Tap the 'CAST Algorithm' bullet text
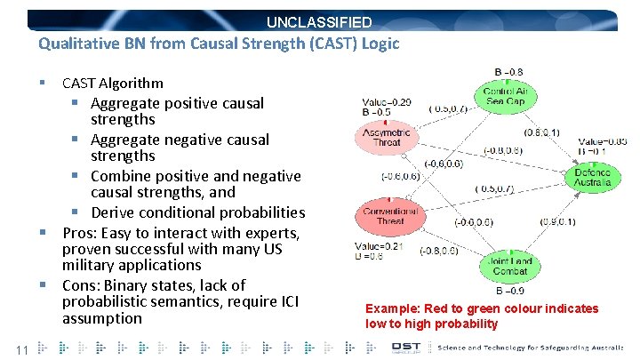pos(112,83)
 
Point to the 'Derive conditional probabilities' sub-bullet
pos(197,212)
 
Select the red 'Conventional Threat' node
pos(388,214)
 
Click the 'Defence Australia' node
pos(592,178)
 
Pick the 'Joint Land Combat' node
pos(509,266)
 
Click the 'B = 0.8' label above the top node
pos(508,72)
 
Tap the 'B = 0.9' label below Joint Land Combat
pos(509,290)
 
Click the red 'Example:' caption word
pos(392,308)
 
